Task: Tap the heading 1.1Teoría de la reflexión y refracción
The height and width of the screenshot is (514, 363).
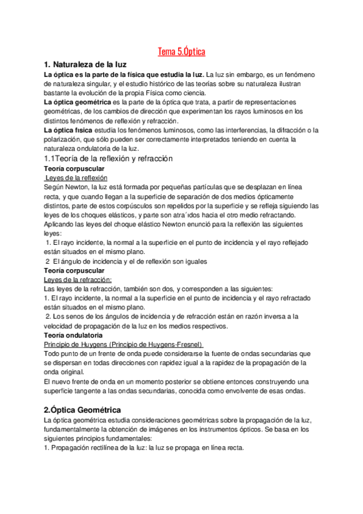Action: tap(108, 158)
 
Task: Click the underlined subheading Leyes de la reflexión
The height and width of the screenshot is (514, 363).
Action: tap(76, 178)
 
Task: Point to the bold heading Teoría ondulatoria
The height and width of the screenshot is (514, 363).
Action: tap(73, 335)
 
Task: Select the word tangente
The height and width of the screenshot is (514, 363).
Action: tap(92, 391)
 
